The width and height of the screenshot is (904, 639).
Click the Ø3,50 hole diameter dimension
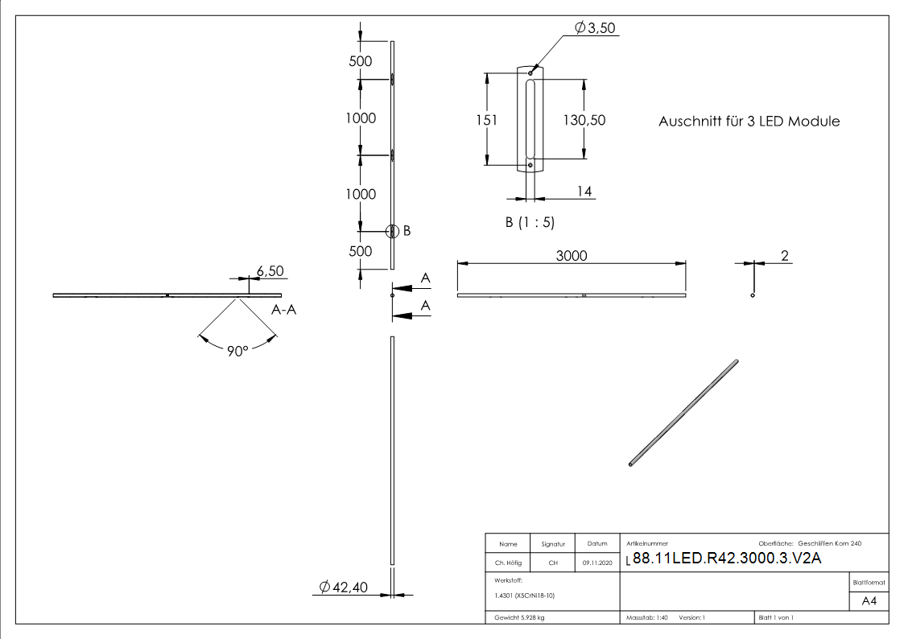(x=595, y=29)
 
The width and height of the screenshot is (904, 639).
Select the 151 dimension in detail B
(x=486, y=120)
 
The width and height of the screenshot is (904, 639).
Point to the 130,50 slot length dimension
(x=584, y=120)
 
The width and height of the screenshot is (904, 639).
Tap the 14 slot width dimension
(x=584, y=191)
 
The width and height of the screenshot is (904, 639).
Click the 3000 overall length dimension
(x=572, y=256)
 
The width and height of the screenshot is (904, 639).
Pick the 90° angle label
(x=236, y=352)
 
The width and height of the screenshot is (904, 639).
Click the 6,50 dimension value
(x=269, y=271)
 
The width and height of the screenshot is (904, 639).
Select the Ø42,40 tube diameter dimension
(x=343, y=587)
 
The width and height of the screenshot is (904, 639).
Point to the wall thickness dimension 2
(x=785, y=256)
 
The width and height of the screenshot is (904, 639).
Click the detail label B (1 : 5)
(x=530, y=221)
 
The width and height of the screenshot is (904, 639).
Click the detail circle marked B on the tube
(x=392, y=232)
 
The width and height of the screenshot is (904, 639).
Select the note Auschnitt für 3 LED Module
(x=749, y=122)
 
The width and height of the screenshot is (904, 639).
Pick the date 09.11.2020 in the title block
(x=596, y=563)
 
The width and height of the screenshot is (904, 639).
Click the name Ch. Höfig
(x=507, y=563)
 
